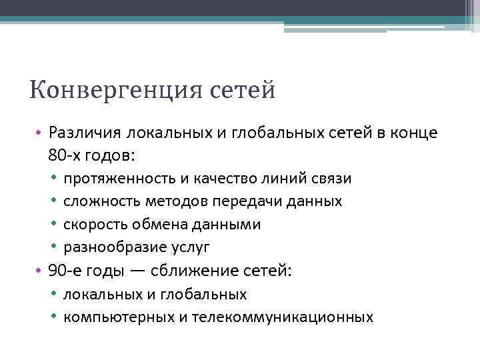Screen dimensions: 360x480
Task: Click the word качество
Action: pyautogui.click(x=221, y=179)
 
